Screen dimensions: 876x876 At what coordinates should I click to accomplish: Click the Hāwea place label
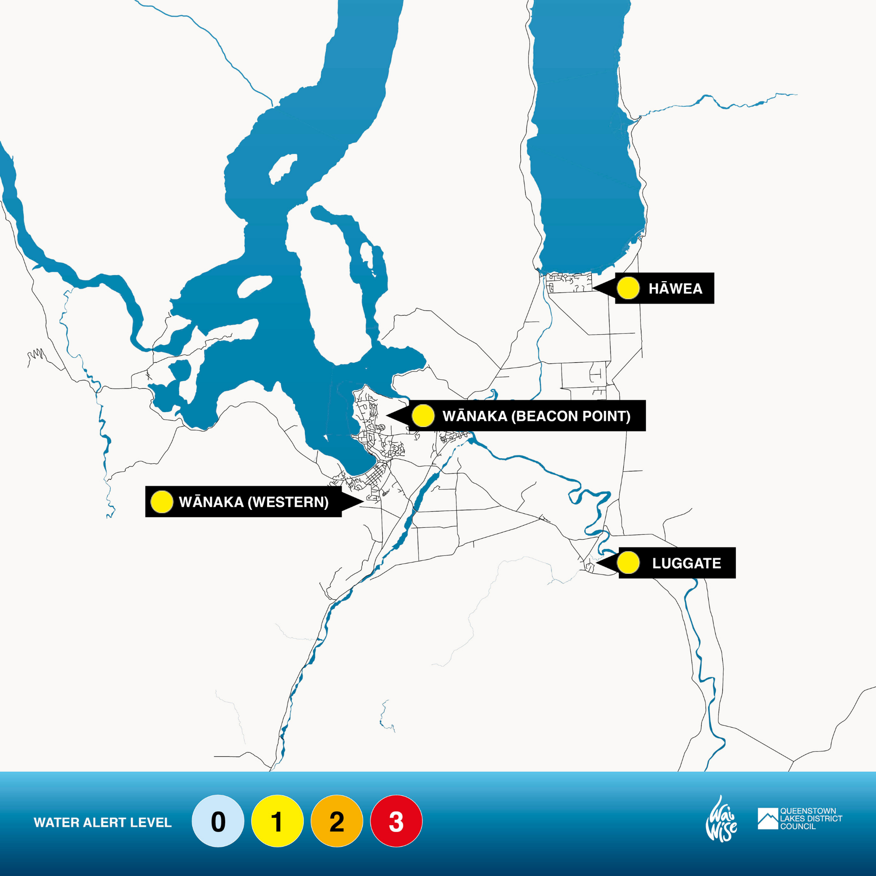click(x=675, y=288)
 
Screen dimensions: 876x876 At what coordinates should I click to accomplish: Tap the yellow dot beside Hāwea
click(x=628, y=288)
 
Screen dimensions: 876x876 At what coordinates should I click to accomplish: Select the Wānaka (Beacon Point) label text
click(x=536, y=416)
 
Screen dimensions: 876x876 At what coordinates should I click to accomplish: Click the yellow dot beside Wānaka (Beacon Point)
click(x=423, y=416)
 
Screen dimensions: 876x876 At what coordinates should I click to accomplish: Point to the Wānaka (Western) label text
click(x=254, y=502)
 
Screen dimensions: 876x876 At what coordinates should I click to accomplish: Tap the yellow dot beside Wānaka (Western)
click(x=162, y=502)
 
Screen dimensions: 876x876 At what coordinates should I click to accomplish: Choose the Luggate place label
click(x=686, y=563)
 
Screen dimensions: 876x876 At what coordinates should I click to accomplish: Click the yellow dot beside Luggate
click(x=628, y=563)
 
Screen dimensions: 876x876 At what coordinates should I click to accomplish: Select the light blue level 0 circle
click(x=218, y=821)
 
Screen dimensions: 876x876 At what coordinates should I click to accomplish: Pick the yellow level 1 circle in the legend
click(x=277, y=821)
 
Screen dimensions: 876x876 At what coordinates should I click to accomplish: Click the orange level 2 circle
click(x=336, y=821)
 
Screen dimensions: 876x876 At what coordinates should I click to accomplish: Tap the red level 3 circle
click(x=396, y=821)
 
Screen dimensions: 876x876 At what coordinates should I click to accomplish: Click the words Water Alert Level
click(x=102, y=823)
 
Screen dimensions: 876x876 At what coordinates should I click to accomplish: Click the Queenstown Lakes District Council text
click(x=811, y=819)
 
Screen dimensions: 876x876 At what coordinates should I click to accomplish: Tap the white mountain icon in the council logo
click(x=768, y=819)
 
